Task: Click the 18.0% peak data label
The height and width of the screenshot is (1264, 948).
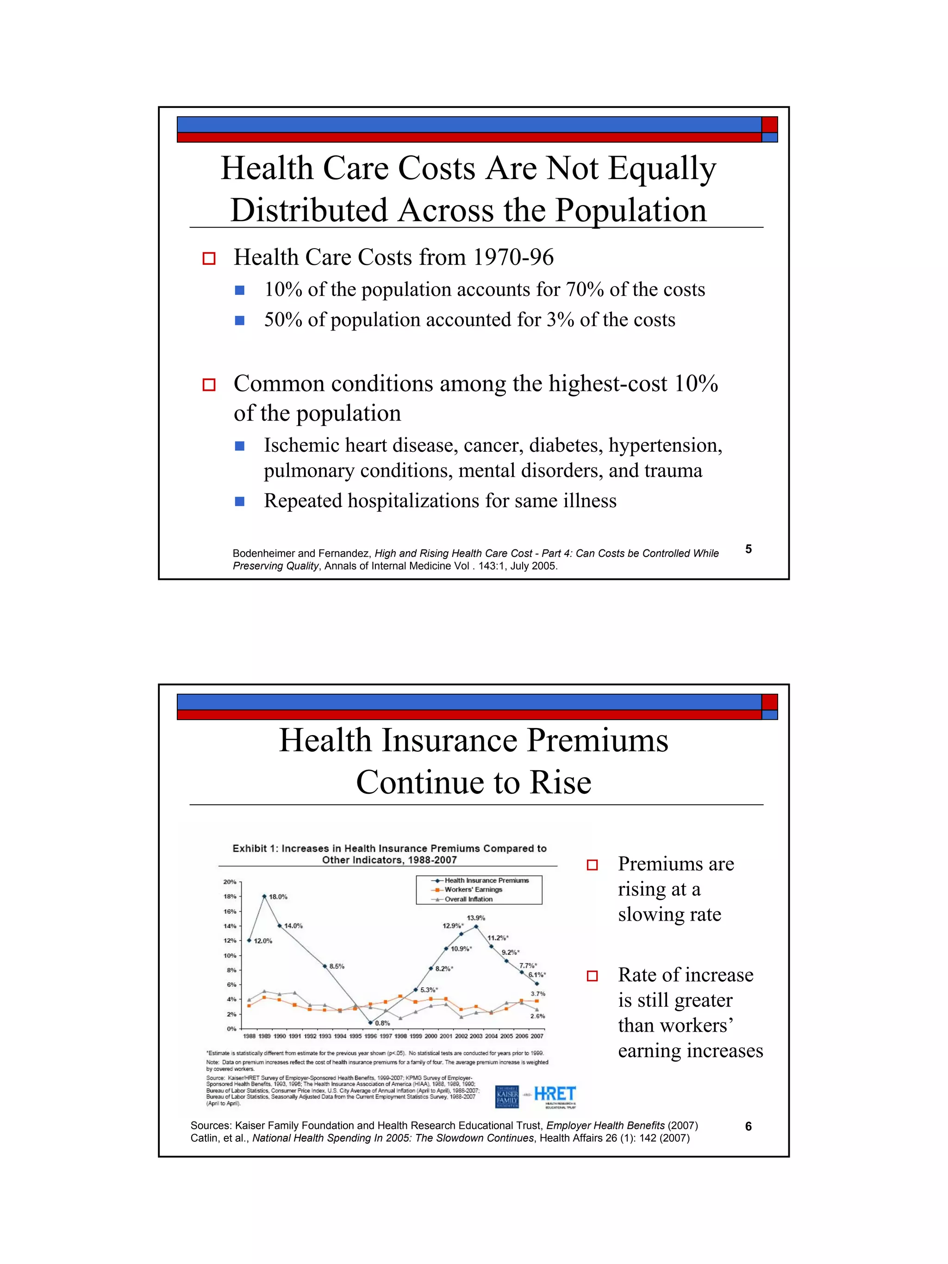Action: point(278,897)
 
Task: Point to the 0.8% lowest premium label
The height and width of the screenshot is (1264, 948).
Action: point(382,1023)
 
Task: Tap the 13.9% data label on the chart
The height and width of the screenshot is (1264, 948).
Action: point(476,918)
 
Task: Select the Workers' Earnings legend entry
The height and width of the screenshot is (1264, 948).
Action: point(473,890)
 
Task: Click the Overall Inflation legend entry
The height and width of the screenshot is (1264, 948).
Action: point(468,899)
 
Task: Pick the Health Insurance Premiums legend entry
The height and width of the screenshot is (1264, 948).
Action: point(486,881)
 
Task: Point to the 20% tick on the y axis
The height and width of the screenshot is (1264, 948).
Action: point(229,882)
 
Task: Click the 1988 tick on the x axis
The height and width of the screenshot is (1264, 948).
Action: point(249,1036)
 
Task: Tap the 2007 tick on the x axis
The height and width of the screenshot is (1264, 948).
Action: point(537,1036)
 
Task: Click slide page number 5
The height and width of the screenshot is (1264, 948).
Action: point(748,549)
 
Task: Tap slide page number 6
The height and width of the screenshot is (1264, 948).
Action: point(748,1126)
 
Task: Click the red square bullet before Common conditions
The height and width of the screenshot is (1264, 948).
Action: point(209,385)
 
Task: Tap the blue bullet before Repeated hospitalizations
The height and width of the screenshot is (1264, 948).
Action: point(240,502)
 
